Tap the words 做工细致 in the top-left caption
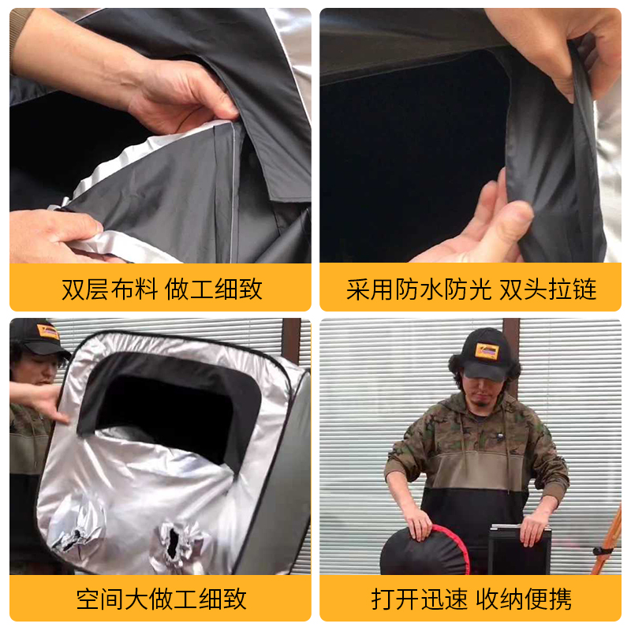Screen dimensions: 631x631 click(214, 289)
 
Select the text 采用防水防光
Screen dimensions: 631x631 click(418, 289)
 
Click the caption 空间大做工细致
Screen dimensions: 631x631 click(161, 599)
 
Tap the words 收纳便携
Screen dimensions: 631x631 click(529, 599)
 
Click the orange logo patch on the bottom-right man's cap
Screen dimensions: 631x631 click(487, 351)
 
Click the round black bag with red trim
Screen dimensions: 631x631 click(426, 552)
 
